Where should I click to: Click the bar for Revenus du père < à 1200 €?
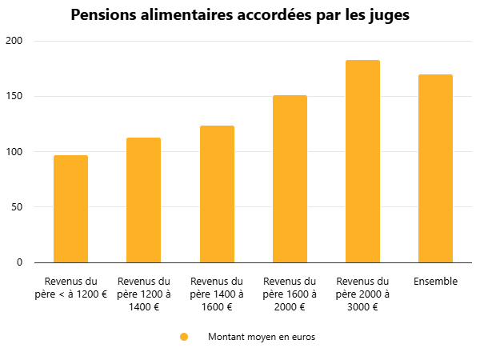click(70, 209)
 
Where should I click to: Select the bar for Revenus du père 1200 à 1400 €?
click(143, 200)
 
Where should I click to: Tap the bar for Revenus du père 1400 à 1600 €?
click(217, 194)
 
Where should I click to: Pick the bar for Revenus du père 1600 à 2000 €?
click(290, 179)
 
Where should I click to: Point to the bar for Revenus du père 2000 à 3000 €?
click(362, 162)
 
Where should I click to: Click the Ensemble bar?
click(435, 169)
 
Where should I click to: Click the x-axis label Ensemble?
click(435, 282)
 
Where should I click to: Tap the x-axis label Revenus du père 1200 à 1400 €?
click(143, 294)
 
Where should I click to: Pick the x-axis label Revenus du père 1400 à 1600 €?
click(217, 294)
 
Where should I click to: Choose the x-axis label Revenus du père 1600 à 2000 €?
click(290, 294)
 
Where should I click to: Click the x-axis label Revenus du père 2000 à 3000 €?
click(362, 294)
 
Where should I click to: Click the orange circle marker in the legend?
click(184, 337)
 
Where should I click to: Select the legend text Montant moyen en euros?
click(262, 337)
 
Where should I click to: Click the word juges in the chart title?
click(387, 16)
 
